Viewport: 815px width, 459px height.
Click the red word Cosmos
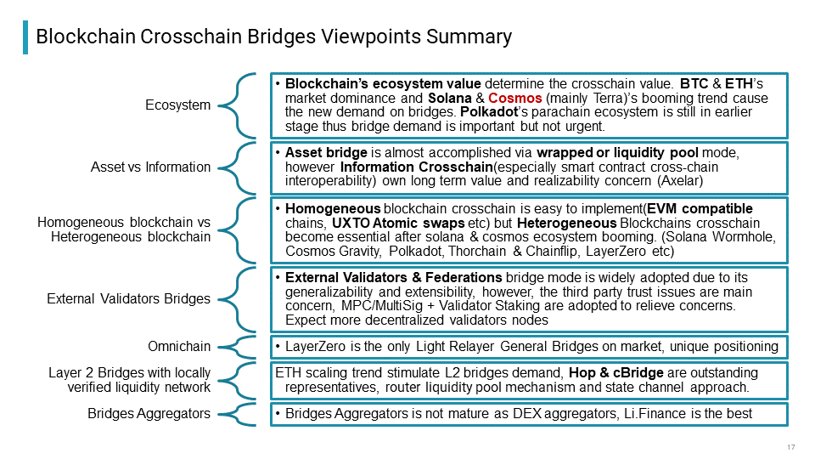pyautogui.click(x=514, y=98)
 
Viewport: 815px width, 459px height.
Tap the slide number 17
pyautogui.click(x=791, y=447)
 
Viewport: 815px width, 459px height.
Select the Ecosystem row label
pyautogui.click(x=177, y=105)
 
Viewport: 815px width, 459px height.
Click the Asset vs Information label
pyautogui.click(x=151, y=167)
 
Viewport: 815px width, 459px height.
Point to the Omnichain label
pyautogui.click(x=179, y=347)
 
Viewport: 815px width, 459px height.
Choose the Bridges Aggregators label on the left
pyautogui.click(x=149, y=414)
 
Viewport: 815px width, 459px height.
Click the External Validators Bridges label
pyautogui.click(x=129, y=298)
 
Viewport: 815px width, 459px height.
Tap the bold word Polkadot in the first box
pyautogui.click(x=489, y=112)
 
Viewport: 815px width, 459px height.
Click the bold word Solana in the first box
pyautogui.click(x=450, y=98)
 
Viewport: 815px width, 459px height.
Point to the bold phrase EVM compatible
pyautogui.click(x=700, y=209)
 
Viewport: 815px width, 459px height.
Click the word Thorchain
pyautogui.click(x=477, y=252)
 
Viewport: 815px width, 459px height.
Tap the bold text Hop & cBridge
pyautogui.click(x=616, y=373)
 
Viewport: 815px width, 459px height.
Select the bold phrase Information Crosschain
pyautogui.click(x=416, y=167)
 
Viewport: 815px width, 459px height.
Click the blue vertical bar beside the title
pyautogui.click(x=25, y=37)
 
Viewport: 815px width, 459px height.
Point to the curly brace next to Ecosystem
pyautogui.click(x=237, y=105)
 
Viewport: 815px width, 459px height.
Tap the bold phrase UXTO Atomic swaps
pyautogui.click(x=398, y=224)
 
